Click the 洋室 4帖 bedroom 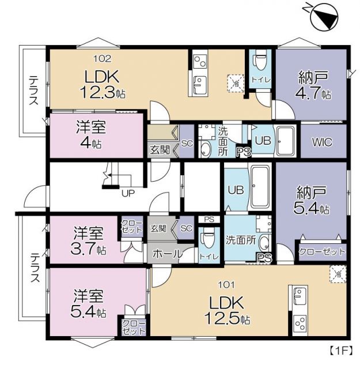(89, 134)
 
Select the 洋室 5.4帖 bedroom (89, 304)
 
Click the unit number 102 (102, 58)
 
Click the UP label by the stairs (127, 194)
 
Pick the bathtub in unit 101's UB (261, 189)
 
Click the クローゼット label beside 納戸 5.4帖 (322, 251)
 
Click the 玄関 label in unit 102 (160, 149)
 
